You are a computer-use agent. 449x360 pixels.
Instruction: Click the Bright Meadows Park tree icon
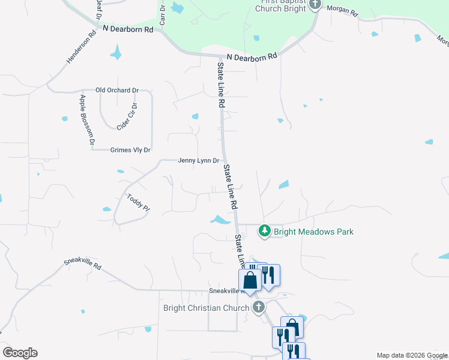coord(264,230)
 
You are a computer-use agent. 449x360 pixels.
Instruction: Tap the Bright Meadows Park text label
coord(313,232)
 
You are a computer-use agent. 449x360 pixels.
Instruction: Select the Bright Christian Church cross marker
coord(259,308)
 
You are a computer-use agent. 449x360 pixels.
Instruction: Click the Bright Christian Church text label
coord(206,308)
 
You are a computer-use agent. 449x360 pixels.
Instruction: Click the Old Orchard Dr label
coord(117,91)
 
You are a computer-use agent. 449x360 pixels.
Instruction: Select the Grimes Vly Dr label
coord(130,149)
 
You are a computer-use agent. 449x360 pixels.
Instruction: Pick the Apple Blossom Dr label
coord(87,119)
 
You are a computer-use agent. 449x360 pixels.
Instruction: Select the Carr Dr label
coord(163,14)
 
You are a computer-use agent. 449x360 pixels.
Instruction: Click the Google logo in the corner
coord(20,353)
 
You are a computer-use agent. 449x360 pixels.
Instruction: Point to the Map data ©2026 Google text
coord(412,355)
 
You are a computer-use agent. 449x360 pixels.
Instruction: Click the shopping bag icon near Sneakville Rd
coord(249,280)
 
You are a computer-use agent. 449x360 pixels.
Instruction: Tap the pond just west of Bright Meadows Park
coord(220,220)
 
